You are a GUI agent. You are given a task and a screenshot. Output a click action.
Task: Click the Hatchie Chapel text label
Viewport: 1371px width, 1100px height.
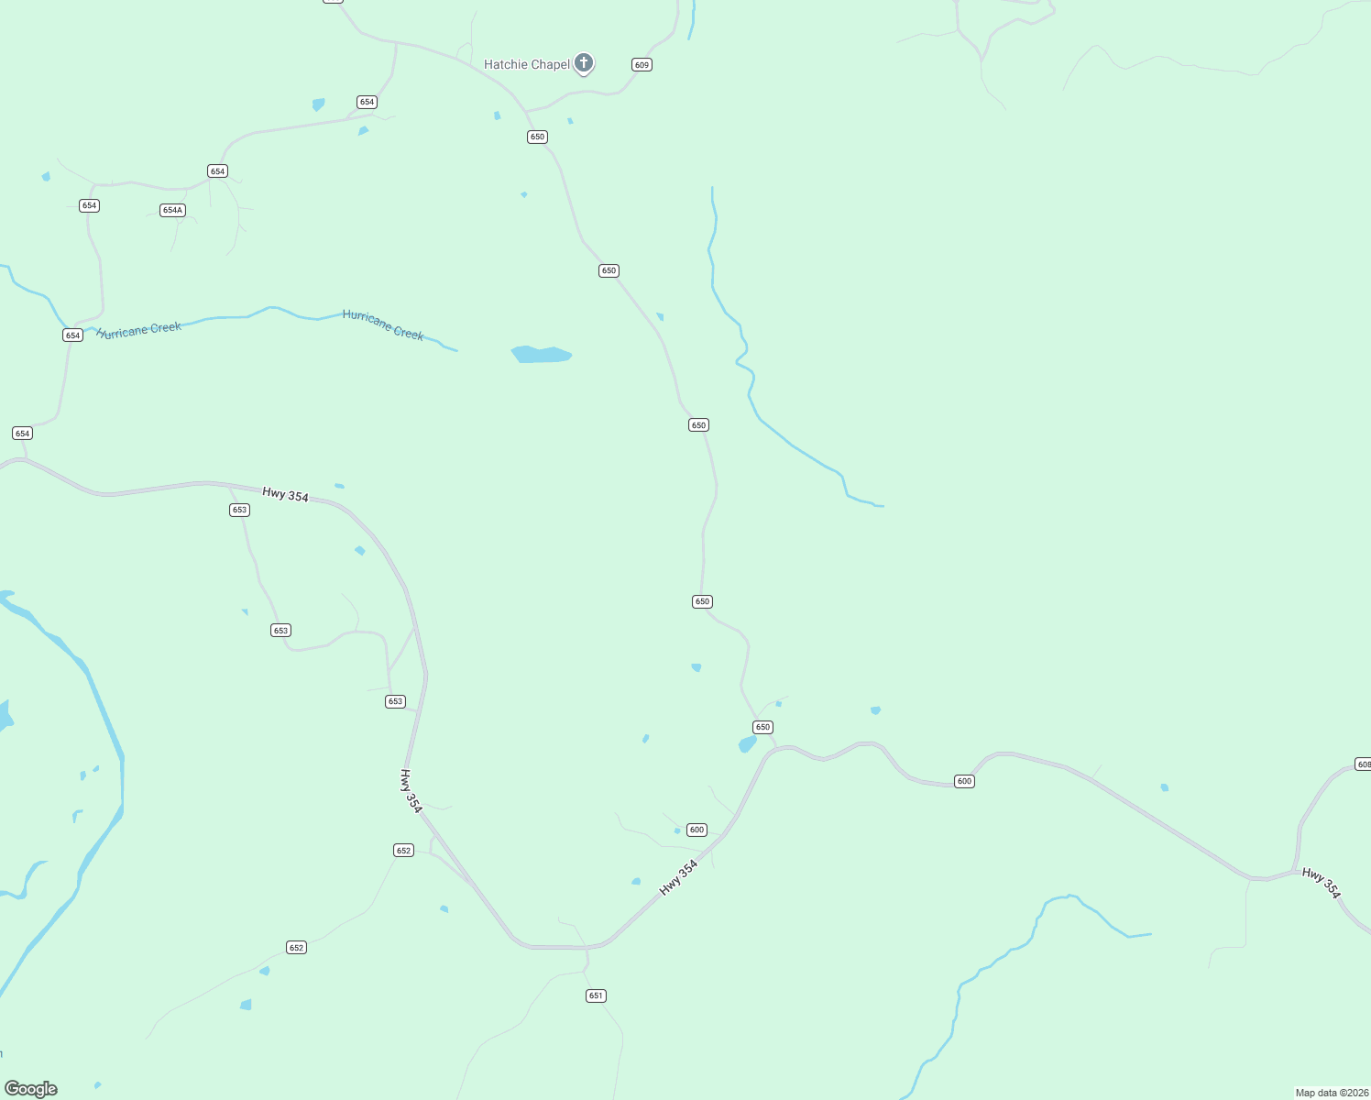click(527, 64)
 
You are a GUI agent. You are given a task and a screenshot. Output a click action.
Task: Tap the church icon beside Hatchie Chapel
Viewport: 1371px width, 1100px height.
click(584, 63)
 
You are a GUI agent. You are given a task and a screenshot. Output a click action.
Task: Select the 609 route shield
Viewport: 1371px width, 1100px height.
click(642, 65)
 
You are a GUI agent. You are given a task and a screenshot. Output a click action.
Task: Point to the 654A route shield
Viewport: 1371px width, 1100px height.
click(172, 211)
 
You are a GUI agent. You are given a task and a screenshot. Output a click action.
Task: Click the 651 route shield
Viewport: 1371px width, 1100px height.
click(597, 995)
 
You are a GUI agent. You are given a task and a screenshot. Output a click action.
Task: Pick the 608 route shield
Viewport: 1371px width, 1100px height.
click(1363, 764)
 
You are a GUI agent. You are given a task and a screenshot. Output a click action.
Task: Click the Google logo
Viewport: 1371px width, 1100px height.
click(31, 1089)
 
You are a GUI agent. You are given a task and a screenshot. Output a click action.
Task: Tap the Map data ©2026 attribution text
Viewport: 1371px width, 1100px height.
click(1331, 1093)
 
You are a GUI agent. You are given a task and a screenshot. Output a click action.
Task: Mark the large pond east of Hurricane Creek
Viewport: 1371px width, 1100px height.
click(541, 355)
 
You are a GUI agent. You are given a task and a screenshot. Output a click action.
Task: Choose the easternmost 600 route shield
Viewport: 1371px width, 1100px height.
click(964, 782)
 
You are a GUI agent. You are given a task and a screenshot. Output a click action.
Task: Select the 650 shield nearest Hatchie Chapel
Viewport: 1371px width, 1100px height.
click(537, 137)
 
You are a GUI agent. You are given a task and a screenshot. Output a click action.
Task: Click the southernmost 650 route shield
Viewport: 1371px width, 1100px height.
click(763, 727)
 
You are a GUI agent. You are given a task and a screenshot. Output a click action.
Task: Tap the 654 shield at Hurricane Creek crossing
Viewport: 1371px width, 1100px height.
click(73, 335)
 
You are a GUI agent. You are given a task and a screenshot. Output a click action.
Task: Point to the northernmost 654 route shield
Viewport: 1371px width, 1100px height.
click(367, 102)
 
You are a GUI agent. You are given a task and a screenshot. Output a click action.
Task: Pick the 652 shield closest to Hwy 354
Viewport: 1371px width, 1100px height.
click(404, 851)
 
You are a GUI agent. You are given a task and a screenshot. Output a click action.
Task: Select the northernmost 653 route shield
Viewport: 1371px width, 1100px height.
click(239, 510)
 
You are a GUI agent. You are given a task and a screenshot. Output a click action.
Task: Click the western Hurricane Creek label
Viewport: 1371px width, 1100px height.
click(139, 330)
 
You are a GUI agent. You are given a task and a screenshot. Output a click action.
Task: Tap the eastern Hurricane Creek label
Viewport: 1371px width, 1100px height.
click(383, 324)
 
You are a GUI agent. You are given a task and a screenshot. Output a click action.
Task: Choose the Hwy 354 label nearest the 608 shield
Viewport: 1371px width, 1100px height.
click(1322, 884)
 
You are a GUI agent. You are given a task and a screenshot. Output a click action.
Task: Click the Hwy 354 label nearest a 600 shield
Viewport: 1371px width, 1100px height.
click(678, 878)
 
